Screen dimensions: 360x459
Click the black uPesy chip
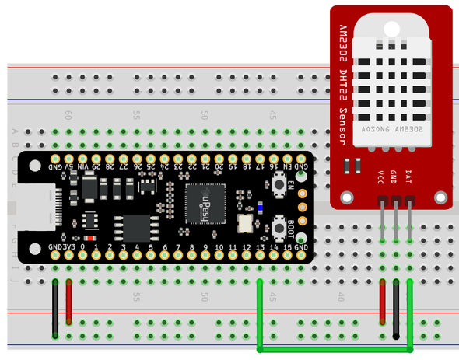coord(205,204)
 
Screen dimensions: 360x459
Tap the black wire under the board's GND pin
coord(56,308)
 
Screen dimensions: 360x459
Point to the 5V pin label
coord(70,166)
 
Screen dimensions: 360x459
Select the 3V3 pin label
coord(69,247)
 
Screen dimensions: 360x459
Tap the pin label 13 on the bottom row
coord(260,247)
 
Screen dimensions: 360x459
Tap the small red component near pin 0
coord(90,238)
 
